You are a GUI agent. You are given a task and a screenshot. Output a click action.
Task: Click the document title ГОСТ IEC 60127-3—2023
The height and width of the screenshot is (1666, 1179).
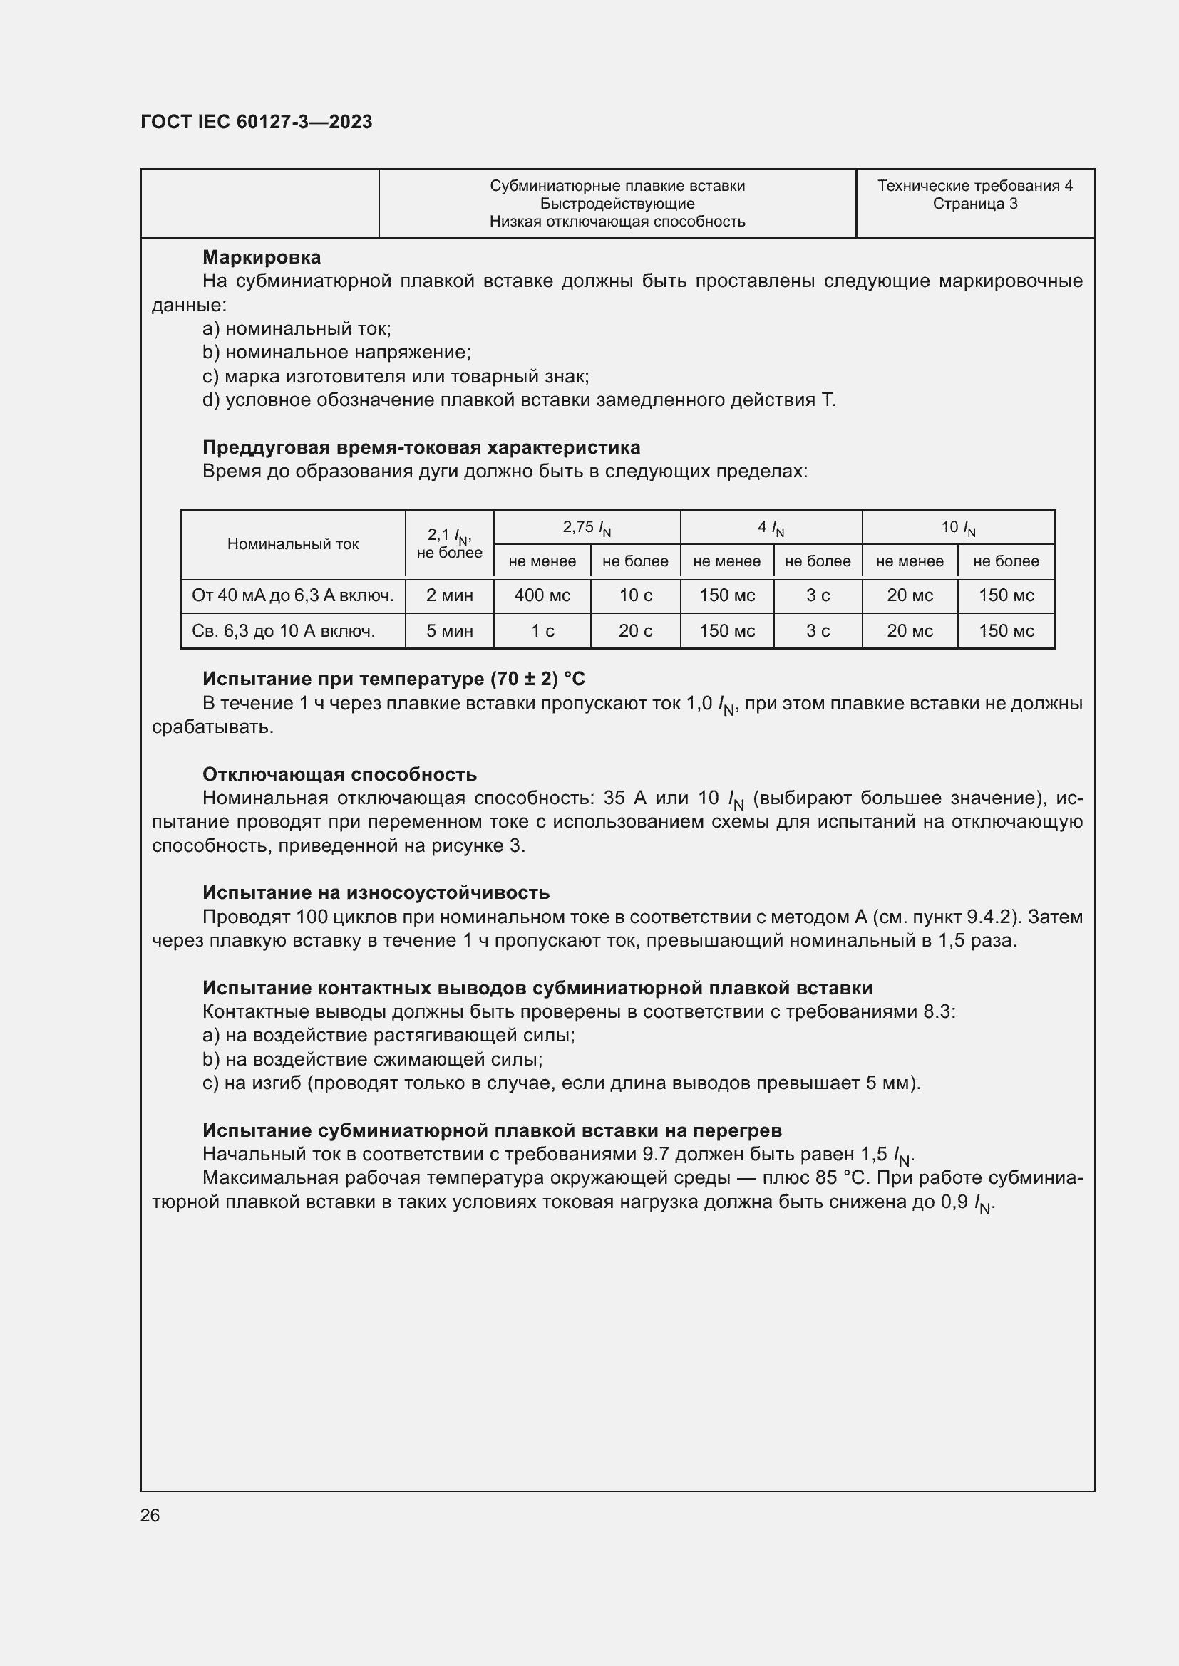point(257,122)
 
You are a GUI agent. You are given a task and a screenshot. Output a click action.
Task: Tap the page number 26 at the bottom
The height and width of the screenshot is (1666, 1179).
point(150,1515)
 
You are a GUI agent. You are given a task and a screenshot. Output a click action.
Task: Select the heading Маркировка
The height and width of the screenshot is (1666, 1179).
point(262,257)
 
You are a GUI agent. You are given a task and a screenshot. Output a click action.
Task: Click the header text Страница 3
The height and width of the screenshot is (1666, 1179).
point(974,204)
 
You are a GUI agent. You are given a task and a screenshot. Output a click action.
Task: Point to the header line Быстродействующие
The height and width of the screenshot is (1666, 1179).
point(617,204)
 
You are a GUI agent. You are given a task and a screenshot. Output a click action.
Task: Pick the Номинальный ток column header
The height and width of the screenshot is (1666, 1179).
point(292,544)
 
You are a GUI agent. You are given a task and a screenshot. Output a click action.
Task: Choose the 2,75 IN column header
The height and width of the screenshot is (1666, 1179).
point(587,528)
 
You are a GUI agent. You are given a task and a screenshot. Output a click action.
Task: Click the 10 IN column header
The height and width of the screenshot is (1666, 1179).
point(957,528)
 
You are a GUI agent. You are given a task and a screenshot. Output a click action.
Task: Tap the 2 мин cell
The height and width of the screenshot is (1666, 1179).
point(449,595)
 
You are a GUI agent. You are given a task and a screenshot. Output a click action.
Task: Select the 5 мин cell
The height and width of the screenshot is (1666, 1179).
point(449,631)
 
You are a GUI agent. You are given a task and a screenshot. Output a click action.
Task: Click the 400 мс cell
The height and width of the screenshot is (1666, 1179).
point(542,595)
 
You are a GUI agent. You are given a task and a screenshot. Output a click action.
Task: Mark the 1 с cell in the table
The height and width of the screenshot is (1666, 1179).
point(542,631)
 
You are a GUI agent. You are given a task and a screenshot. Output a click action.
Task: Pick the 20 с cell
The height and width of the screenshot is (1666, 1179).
point(635,631)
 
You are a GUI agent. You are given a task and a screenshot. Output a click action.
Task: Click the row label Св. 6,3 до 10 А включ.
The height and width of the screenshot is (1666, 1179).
point(283,631)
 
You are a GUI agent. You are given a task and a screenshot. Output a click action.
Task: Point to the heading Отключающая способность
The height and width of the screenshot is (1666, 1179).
point(339,774)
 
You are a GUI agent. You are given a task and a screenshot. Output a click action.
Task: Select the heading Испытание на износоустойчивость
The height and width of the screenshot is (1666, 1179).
point(376,892)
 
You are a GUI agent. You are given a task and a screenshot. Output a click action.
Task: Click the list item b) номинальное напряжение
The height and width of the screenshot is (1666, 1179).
point(337,353)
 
